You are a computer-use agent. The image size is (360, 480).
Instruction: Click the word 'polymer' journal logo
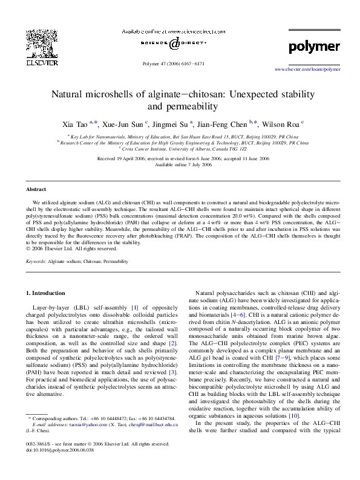coord(314,47)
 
